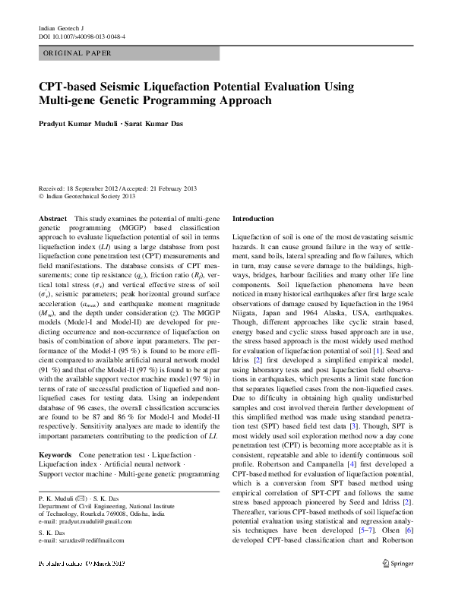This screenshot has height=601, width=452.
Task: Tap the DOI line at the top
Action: point(82,36)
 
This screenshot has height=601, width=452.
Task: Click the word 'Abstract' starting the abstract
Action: point(52,218)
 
